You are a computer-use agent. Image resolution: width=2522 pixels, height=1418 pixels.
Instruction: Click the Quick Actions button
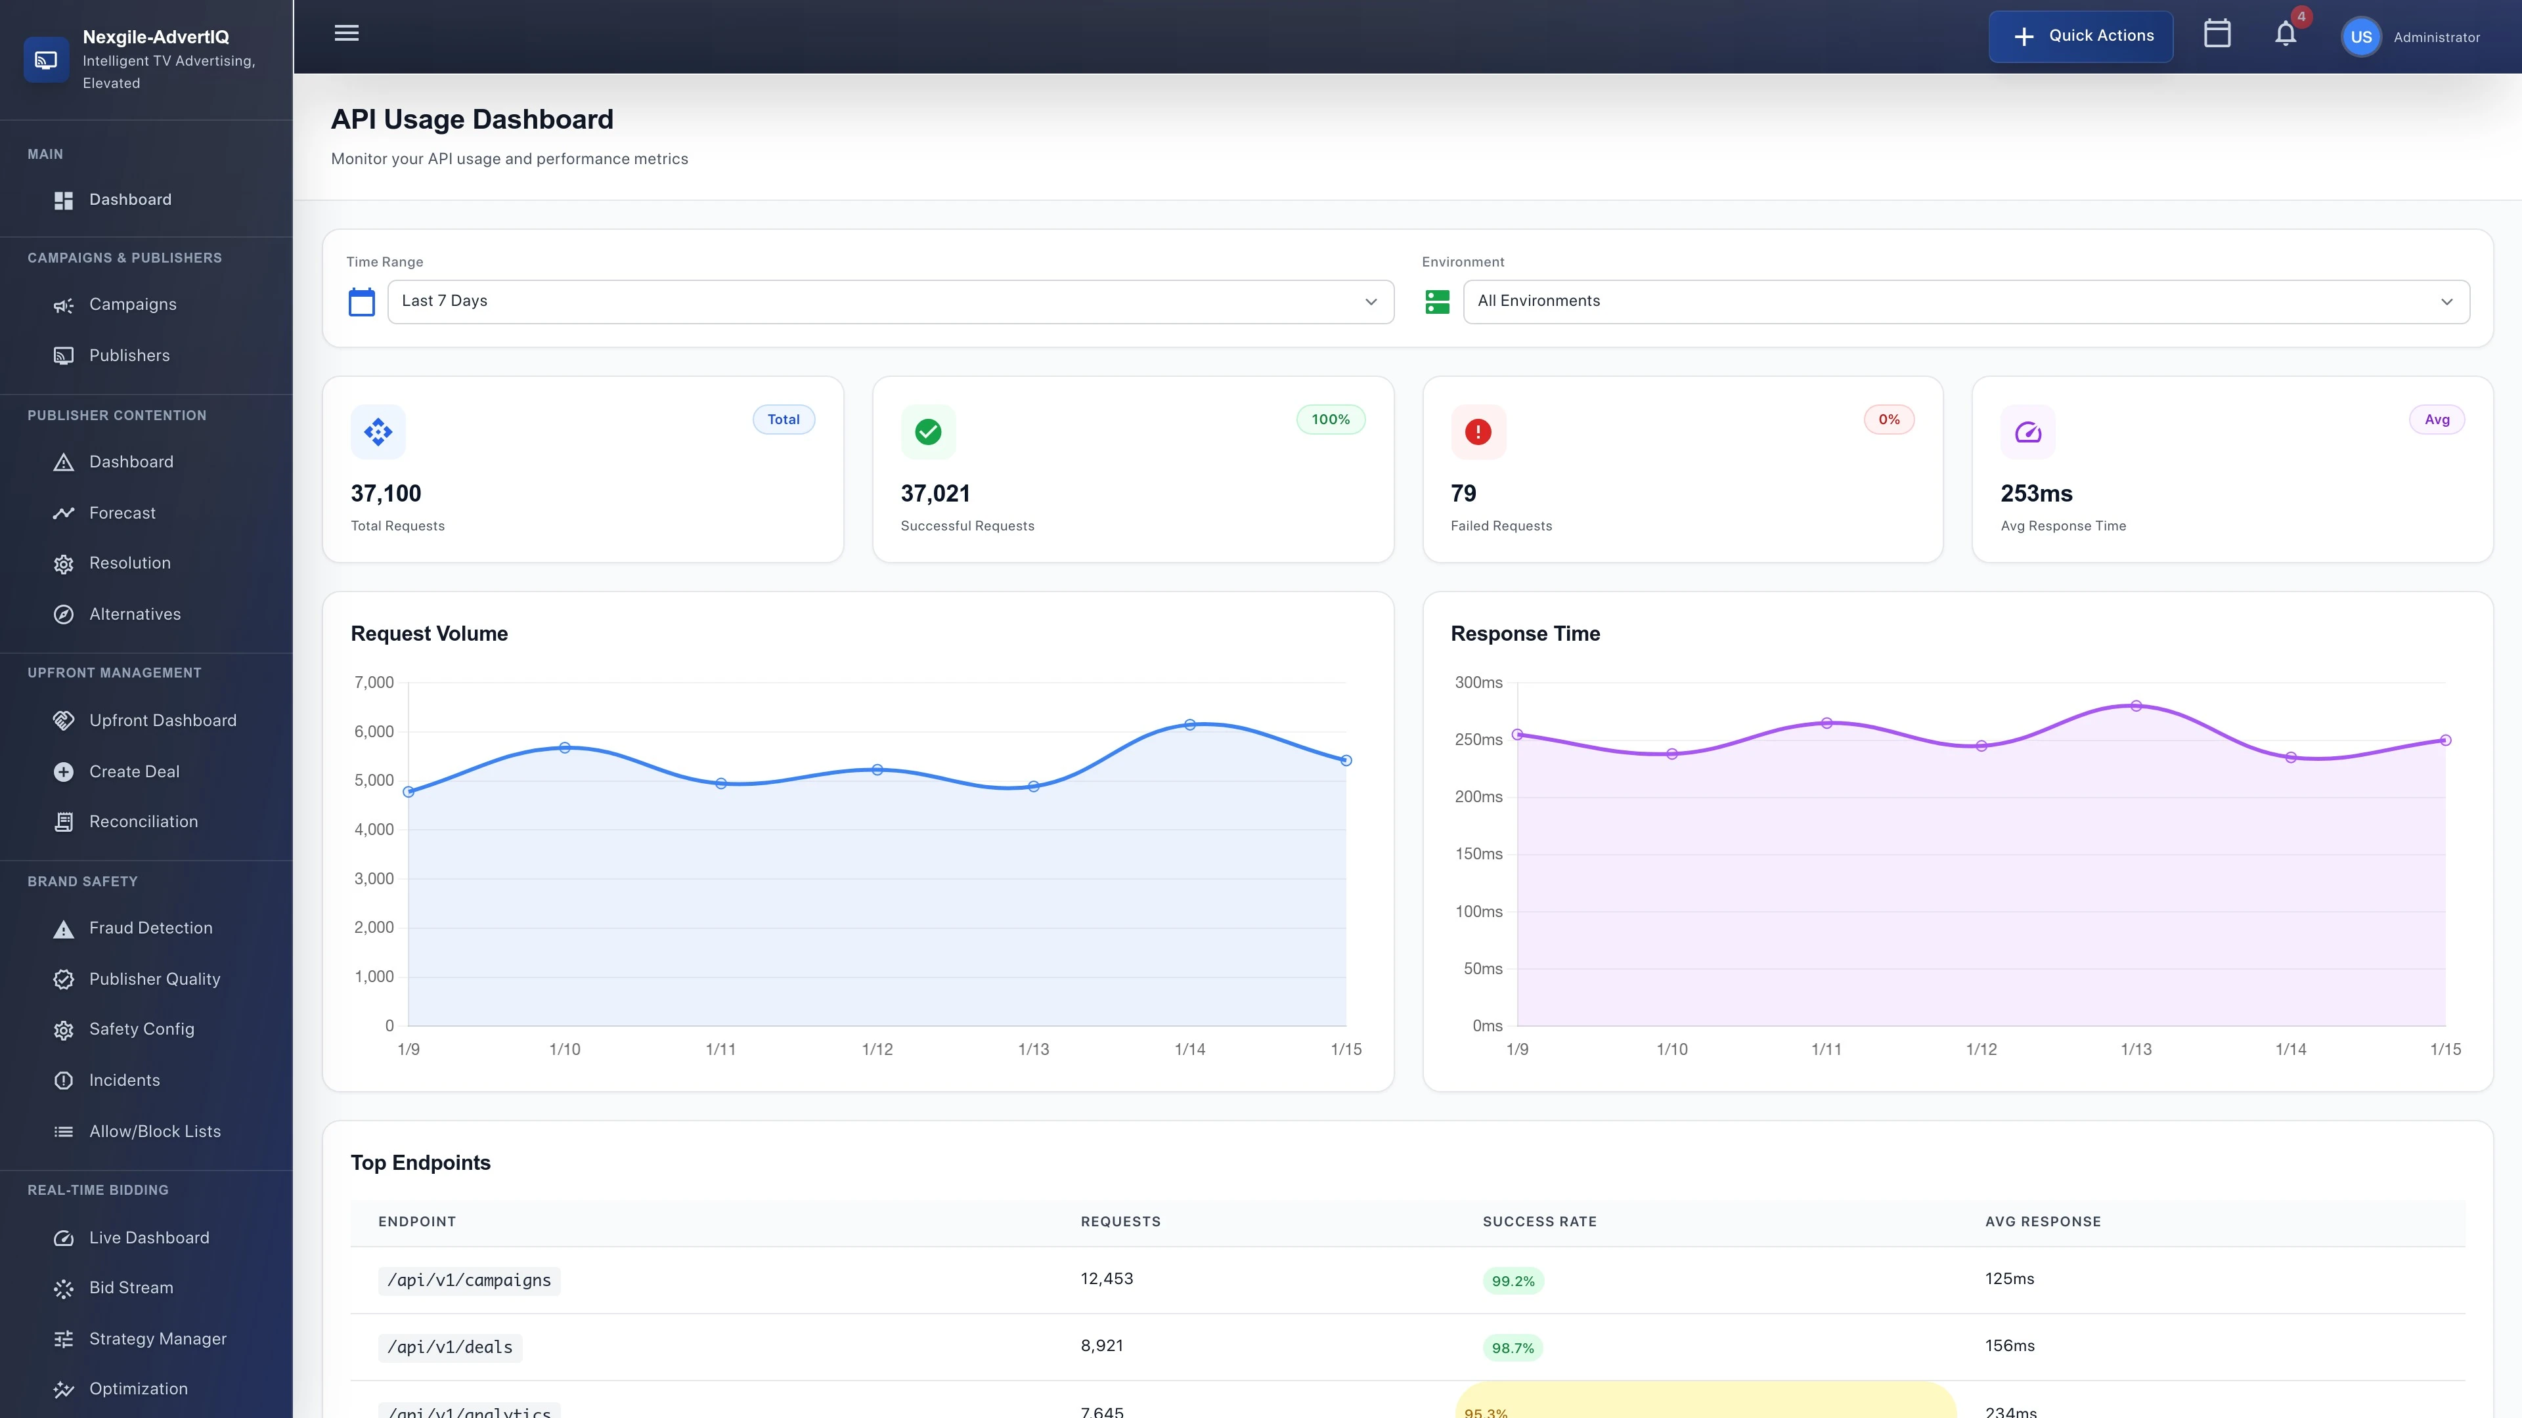(x=2081, y=36)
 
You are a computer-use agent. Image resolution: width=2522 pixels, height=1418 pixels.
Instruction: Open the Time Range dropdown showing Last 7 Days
(x=889, y=301)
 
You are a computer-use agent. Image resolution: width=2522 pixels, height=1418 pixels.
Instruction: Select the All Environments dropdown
(x=1965, y=301)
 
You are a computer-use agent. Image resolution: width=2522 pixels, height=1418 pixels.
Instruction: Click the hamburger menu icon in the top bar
(x=347, y=33)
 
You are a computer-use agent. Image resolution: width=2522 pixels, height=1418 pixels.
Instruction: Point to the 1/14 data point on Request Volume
(x=1189, y=725)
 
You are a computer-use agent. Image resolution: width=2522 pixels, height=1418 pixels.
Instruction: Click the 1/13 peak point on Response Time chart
(x=2136, y=706)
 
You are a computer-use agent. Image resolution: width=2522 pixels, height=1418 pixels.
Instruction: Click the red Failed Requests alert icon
(x=1477, y=431)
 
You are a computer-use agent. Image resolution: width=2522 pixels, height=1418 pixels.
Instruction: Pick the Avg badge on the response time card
(x=2436, y=420)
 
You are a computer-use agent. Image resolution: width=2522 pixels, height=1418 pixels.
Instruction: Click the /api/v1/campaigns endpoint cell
(x=469, y=1280)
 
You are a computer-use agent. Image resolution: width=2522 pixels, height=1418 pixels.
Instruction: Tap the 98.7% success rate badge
(x=1513, y=1348)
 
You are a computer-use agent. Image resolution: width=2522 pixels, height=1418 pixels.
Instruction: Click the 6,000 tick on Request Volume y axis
(x=374, y=732)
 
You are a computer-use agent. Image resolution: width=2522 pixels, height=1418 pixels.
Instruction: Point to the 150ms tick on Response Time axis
(x=1478, y=853)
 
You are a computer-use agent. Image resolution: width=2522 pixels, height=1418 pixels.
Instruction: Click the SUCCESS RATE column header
(x=1539, y=1221)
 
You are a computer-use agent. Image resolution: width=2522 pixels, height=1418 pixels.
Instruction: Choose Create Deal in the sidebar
(x=134, y=771)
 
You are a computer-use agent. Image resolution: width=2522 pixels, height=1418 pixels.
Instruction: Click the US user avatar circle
(x=2360, y=37)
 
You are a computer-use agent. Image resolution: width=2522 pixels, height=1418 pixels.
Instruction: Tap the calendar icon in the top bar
(x=2217, y=34)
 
